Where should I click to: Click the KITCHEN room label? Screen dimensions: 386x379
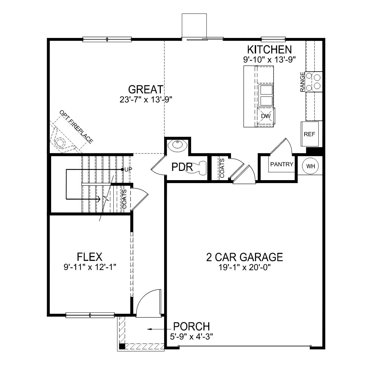click(x=269, y=49)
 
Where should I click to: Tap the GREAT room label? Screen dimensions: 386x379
click(x=145, y=89)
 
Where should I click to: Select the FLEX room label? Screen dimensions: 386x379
click(x=89, y=257)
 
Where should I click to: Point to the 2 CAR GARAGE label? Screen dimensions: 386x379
click(x=245, y=257)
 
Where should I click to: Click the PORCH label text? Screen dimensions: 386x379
click(x=191, y=326)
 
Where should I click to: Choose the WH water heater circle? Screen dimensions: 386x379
click(x=310, y=166)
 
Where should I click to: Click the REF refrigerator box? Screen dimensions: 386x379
click(x=309, y=134)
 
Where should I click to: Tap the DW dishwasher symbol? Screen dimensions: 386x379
click(x=266, y=116)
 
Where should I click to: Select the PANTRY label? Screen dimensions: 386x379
click(x=282, y=164)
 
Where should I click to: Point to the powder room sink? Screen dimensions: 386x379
click(x=177, y=145)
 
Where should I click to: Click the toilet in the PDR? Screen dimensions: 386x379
click(x=200, y=167)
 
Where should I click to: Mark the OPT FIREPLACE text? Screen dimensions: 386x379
click(x=76, y=127)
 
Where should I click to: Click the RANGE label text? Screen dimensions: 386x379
click(x=302, y=81)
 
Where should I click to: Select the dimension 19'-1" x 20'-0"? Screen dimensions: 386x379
click(x=245, y=268)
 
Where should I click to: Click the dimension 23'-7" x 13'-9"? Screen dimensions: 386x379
click(x=146, y=99)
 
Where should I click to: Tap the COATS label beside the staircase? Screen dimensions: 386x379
click(x=124, y=199)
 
